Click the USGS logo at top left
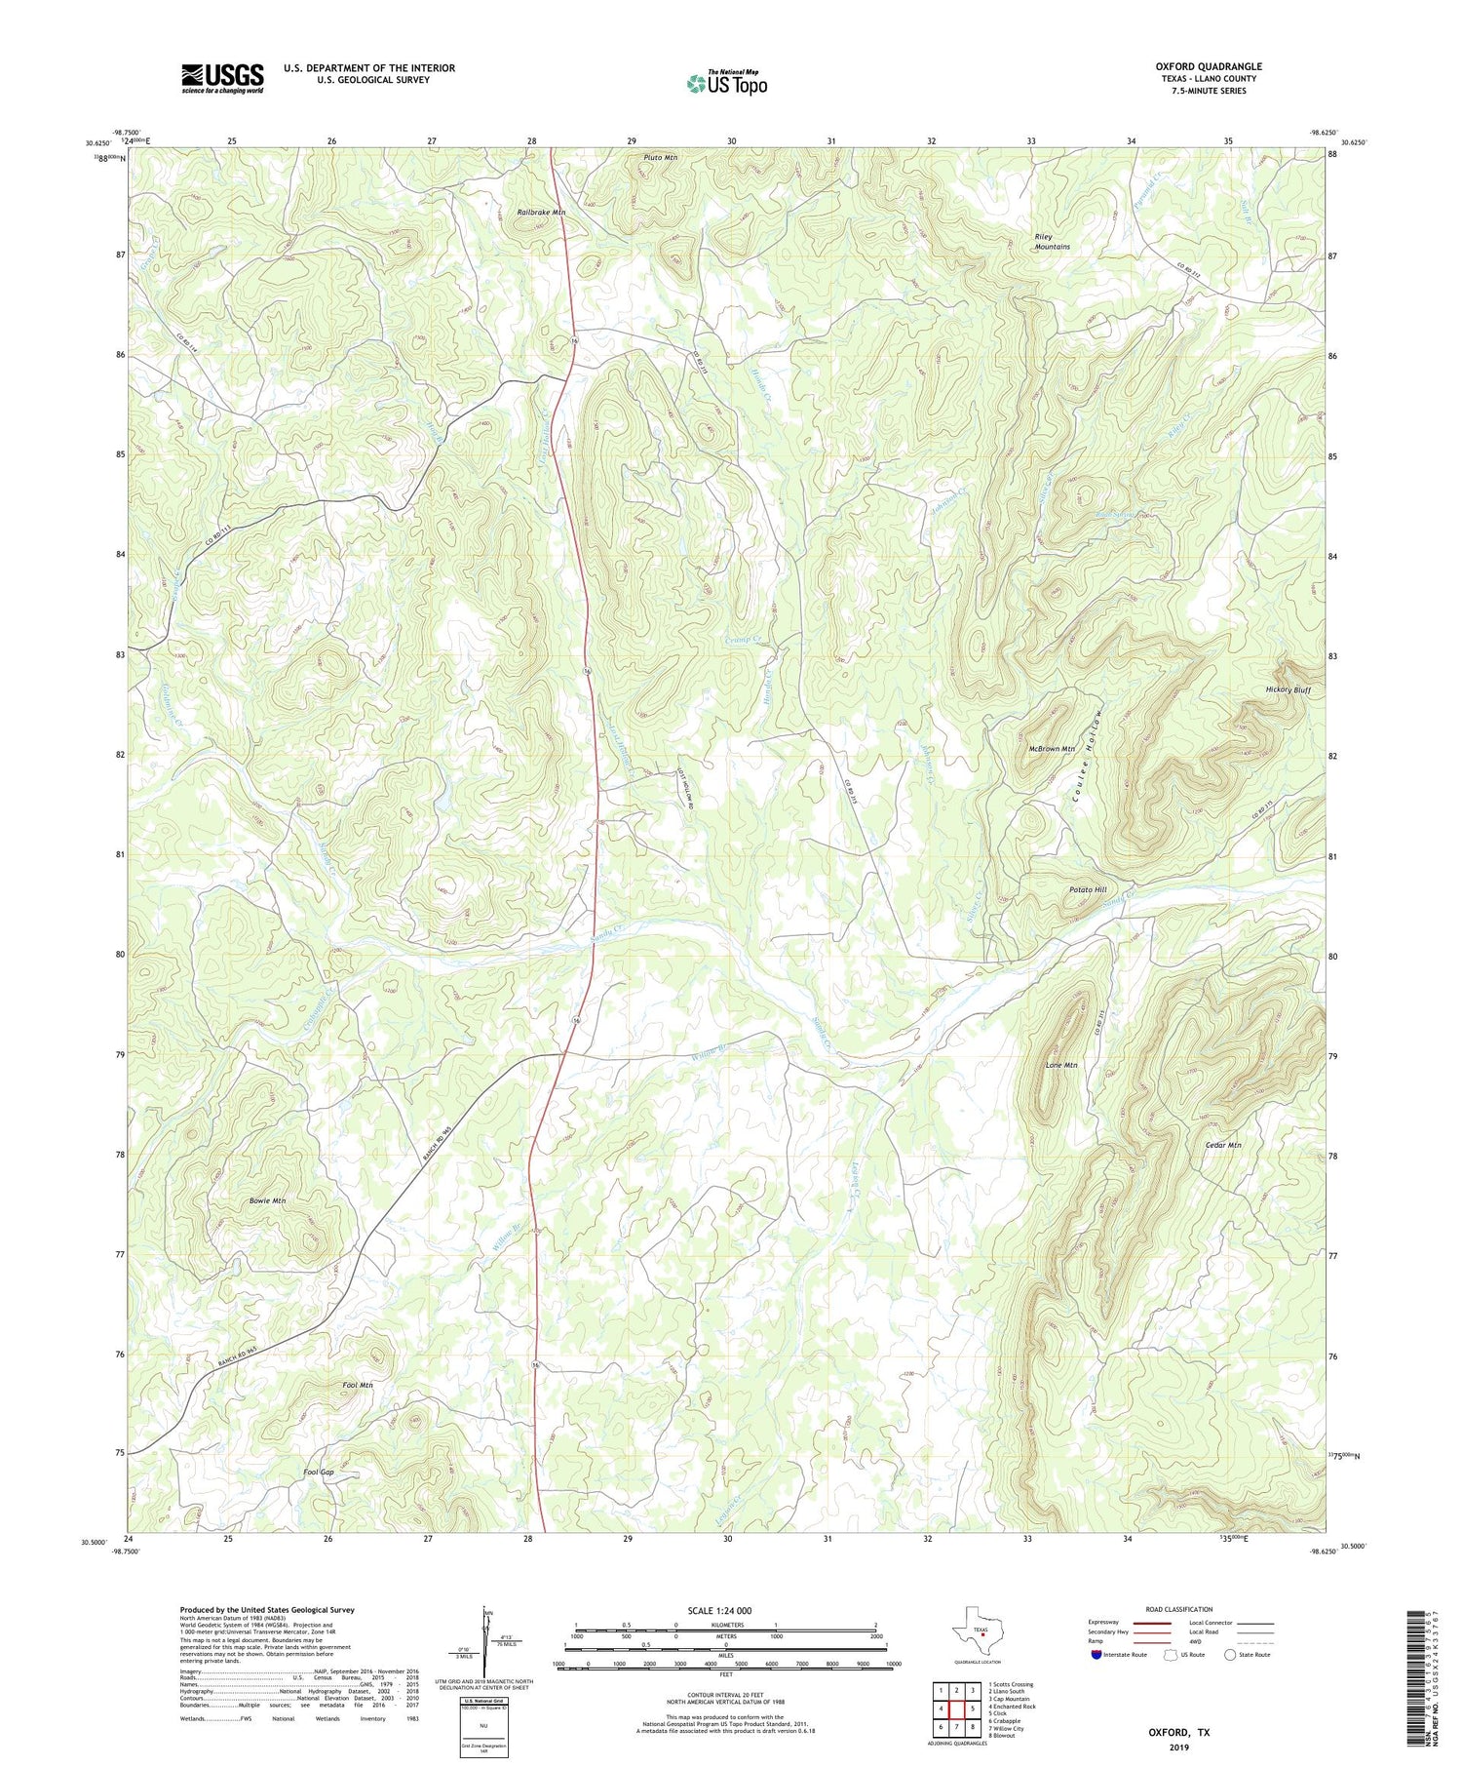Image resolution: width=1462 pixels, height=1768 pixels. click(x=222, y=78)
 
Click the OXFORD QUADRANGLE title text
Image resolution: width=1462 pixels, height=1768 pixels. click(x=1208, y=66)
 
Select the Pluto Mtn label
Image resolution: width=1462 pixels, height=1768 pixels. click(x=660, y=157)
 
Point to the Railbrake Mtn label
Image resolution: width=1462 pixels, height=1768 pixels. click(x=541, y=212)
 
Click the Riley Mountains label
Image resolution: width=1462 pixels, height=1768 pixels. click(x=1052, y=241)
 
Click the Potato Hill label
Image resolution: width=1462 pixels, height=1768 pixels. click(x=1087, y=889)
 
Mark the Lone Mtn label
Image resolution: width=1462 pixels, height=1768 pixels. click(x=1061, y=1066)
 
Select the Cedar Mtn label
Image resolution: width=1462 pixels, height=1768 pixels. click(x=1222, y=1145)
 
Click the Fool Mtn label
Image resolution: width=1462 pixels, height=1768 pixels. click(x=358, y=1385)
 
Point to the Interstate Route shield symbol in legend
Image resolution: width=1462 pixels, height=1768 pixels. click(x=1096, y=1654)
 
